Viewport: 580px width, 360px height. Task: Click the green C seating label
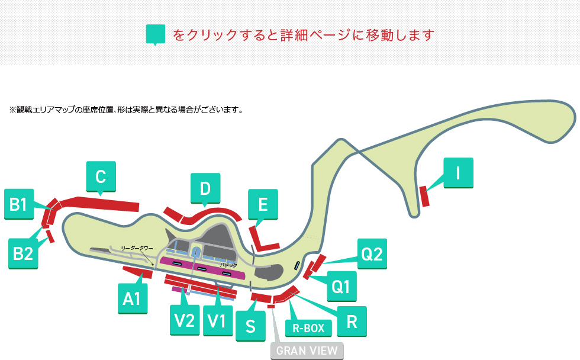coord(101,176)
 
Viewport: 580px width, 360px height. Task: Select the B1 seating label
coord(19,204)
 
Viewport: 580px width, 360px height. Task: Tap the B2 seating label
coord(23,253)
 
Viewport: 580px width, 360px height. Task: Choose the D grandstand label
coord(205,188)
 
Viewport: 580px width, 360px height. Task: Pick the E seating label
coord(263,204)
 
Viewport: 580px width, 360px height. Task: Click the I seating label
coord(458,173)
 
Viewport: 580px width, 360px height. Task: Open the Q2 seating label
coord(372,254)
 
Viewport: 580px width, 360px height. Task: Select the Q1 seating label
coord(342,287)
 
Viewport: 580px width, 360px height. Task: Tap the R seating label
coord(352,322)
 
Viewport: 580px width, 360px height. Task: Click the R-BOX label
coord(308,328)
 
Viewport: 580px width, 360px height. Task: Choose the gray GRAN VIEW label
coord(307,351)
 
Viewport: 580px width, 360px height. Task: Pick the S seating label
coord(250,326)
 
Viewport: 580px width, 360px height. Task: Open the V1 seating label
coord(218,321)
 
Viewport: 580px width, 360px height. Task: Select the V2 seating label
coord(185,320)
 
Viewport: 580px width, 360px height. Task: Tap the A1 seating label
coord(133,298)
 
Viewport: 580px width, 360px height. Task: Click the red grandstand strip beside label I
coord(424,197)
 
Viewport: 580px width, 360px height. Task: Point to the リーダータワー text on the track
coord(137,248)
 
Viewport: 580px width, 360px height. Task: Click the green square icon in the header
coord(155,34)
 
